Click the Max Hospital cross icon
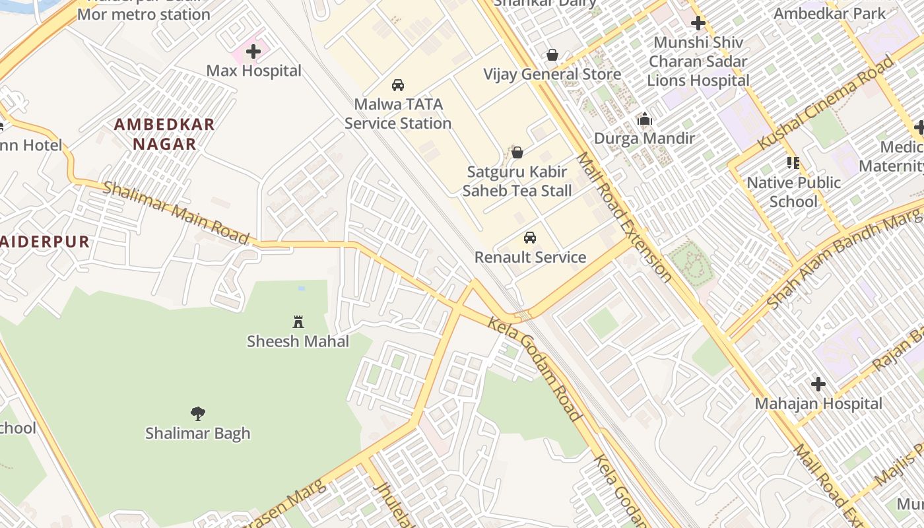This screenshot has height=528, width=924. click(x=253, y=51)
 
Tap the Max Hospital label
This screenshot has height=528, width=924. click(x=253, y=71)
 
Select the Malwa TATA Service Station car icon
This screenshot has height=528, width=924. click(x=398, y=85)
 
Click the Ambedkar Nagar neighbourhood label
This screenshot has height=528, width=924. click(x=164, y=134)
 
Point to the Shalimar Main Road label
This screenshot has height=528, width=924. click(x=177, y=213)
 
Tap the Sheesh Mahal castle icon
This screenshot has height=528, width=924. click(x=298, y=322)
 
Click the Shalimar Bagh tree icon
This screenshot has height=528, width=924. click(x=197, y=414)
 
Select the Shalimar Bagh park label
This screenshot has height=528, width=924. click(x=197, y=434)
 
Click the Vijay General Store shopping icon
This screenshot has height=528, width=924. click(x=552, y=55)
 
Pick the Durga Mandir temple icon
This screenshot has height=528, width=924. click(x=644, y=119)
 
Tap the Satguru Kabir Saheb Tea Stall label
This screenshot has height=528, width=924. click(x=517, y=181)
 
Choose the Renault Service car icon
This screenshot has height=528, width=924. click(x=530, y=238)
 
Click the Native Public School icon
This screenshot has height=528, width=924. click(x=793, y=163)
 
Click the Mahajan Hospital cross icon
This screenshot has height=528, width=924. click(x=818, y=384)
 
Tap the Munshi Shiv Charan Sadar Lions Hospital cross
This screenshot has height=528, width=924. click(x=698, y=24)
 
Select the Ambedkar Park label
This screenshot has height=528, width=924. click(x=830, y=13)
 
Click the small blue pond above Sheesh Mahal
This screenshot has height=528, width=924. click(x=302, y=288)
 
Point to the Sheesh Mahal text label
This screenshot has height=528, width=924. click(x=298, y=341)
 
